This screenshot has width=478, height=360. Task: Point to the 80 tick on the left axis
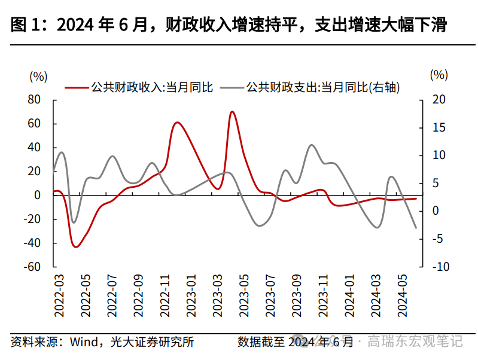click(34, 99)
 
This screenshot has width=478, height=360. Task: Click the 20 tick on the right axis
click(439, 99)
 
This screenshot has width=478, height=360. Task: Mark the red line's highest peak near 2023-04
click(232, 111)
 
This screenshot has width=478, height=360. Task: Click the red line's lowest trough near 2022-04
click(76, 247)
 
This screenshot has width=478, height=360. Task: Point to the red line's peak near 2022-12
click(177, 123)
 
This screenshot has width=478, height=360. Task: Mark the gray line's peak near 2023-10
click(312, 145)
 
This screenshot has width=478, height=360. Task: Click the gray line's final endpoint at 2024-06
click(416, 228)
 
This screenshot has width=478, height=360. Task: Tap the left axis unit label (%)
click(38, 76)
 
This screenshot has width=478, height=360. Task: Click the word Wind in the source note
click(85, 342)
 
